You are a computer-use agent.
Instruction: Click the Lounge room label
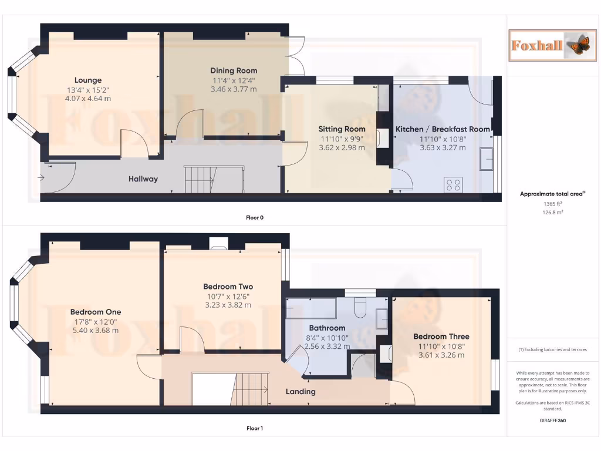[x=88, y=80]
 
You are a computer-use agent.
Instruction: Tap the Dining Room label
[x=234, y=71]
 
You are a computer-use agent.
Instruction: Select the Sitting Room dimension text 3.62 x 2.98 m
[x=342, y=147]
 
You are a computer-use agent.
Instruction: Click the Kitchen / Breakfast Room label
[x=443, y=129]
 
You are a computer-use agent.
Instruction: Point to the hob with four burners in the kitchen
[x=453, y=185]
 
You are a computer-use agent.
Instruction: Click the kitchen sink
[x=486, y=159]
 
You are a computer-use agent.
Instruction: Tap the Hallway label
[x=143, y=179]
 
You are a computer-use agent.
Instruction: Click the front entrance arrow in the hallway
[x=43, y=177]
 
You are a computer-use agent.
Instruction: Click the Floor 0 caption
[x=255, y=218]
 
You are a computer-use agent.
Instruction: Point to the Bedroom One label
[x=96, y=312]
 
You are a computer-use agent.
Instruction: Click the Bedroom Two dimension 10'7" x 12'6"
[x=228, y=296]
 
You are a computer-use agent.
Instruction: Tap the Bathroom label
[x=327, y=328]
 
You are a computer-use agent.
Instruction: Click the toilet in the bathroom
[x=360, y=306]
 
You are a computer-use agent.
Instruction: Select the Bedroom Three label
[x=441, y=336]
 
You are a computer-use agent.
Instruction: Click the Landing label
[x=300, y=391]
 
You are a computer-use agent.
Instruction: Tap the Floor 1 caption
[x=255, y=429]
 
